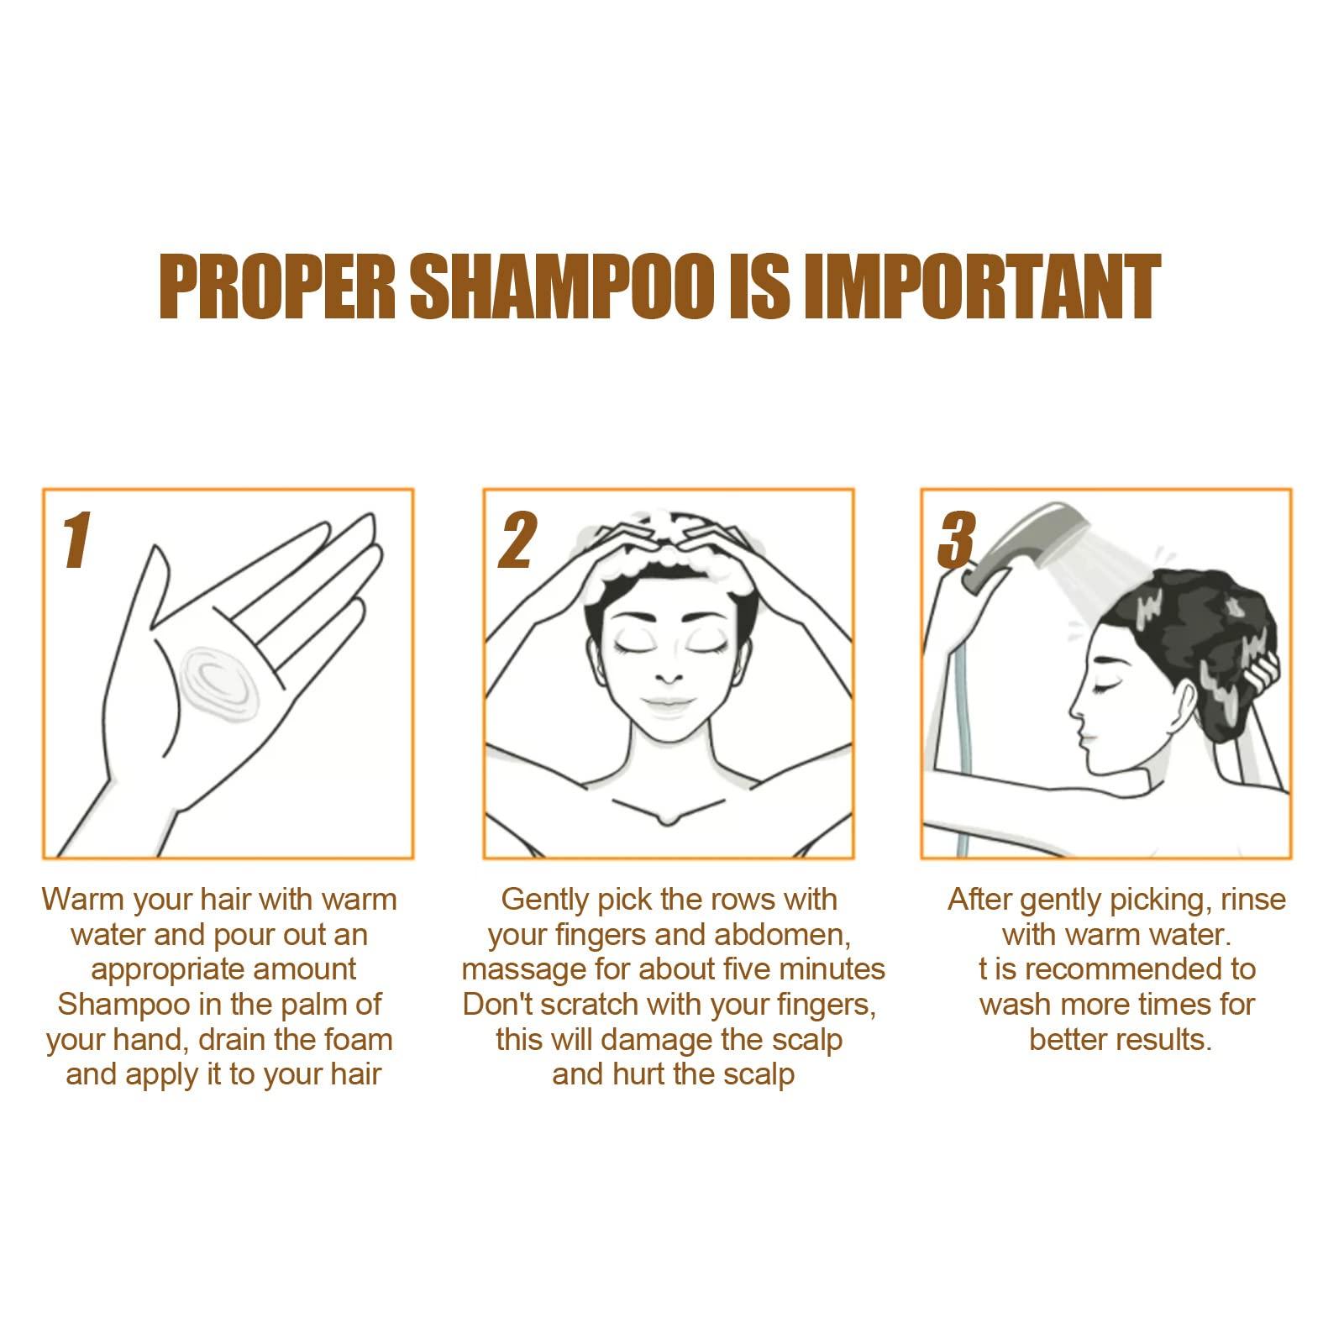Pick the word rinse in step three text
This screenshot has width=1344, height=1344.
click(x=1253, y=900)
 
